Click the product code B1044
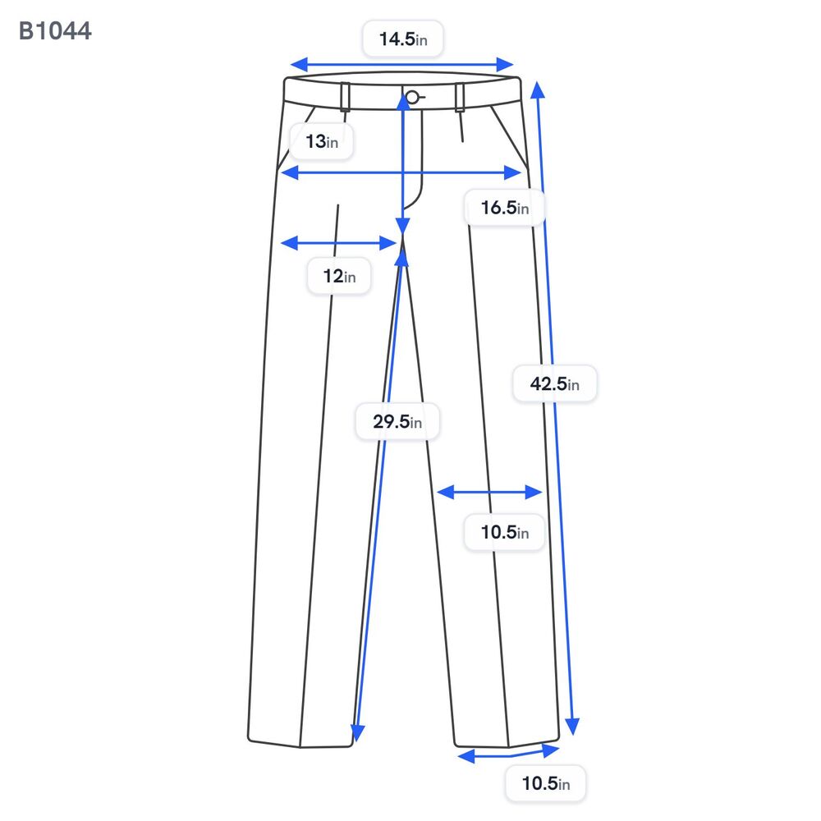[55, 31]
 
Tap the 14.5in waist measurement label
[403, 39]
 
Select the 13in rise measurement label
[322, 141]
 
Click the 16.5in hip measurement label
[505, 208]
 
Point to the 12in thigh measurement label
[339, 276]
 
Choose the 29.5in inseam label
[397, 421]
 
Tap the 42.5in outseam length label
[554, 383]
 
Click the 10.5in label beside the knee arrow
[505, 533]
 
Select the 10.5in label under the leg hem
[546, 783]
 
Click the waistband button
[413, 97]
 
